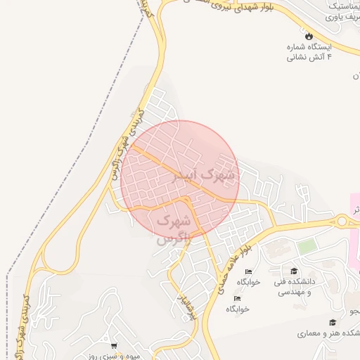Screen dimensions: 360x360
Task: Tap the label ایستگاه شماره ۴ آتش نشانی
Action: pyautogui.click(x=307, y=52)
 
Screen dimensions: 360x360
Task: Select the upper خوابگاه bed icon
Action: pyautogui.click(x=247, y=271)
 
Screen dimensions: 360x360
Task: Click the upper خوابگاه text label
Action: pyautogui.click(x=248, y=282)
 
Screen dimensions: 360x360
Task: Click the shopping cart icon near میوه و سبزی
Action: pyautogui.click(x=114, y=345)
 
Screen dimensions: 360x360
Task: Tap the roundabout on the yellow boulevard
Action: pyautogui.click(x=342, y=221)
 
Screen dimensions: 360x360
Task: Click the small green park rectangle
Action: pyautogui.click(x=306, y=247)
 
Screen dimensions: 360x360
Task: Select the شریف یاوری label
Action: pyautogui.click(x=340, y=13)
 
